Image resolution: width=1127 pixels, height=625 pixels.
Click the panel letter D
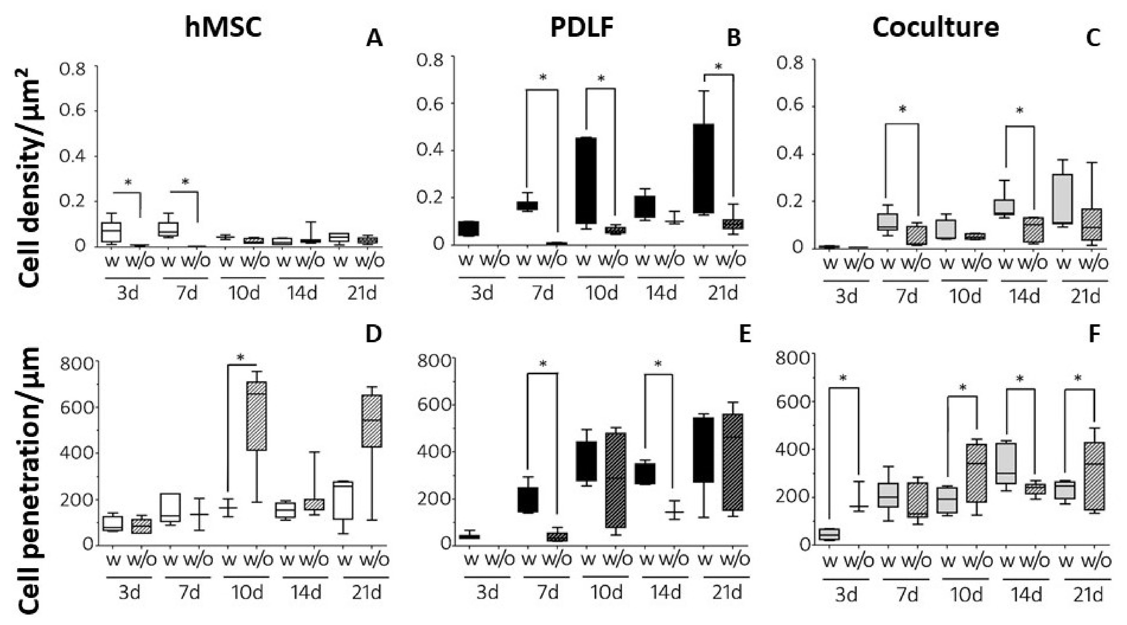click(x=373, y=334)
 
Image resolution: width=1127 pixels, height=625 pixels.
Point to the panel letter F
click(x=1094, y=334)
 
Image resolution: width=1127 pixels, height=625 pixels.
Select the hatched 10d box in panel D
click(x=257, y=415)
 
